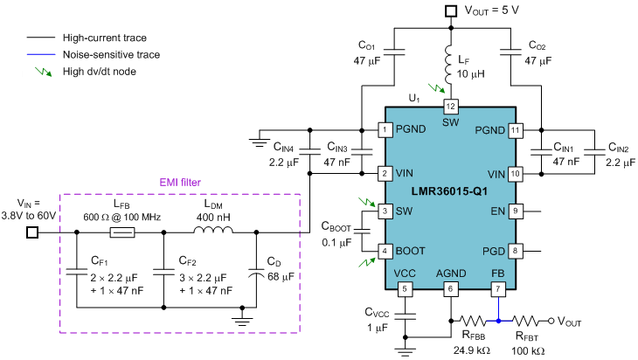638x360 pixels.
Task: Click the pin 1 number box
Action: pyautogui.click(x=385, y=129)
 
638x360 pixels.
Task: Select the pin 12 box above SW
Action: pyautogui.click(x=451, y=107)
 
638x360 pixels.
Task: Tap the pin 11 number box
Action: pyautogui.click(x=516, y=130)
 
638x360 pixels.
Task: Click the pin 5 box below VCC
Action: pyautogui.click(x=405, y=289)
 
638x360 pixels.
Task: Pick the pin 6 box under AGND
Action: pyautogui.click(x=451, y=289)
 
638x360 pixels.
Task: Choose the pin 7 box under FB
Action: pyautogui.click(x=498, y=289)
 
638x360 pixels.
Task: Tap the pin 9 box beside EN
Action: pyautogui.click(x=516, y=211)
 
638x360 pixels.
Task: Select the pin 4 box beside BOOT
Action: pyautogui.click(x=385, y=251)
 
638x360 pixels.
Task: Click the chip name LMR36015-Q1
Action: pyautogui.click(x=449, y=191)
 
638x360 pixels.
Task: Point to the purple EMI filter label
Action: pyautogui.click(x=180, y=183)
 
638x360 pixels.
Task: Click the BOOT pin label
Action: pyautogui.click(x=410, y=251)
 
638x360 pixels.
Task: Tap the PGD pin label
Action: pyautogui.click(x=494, y=251)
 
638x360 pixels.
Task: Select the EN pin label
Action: pyautogui.click(x=498, y=211)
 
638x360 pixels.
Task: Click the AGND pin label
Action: pyautogui.click(x=451, y=273)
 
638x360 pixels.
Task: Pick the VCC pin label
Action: pyautogui.click(x=405, y=273)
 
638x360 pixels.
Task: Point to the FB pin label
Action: pyautogui.click(x=498, y=273)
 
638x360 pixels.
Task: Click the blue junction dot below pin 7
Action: pyautogui.click(x=498, y=321)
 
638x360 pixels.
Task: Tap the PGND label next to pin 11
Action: pyautogui.click(x=490, y=130)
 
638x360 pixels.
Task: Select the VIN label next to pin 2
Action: pyautogui.click(x=405, y=173)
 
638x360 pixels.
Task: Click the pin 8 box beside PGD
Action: pyautogui.click(x=516, y=251)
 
